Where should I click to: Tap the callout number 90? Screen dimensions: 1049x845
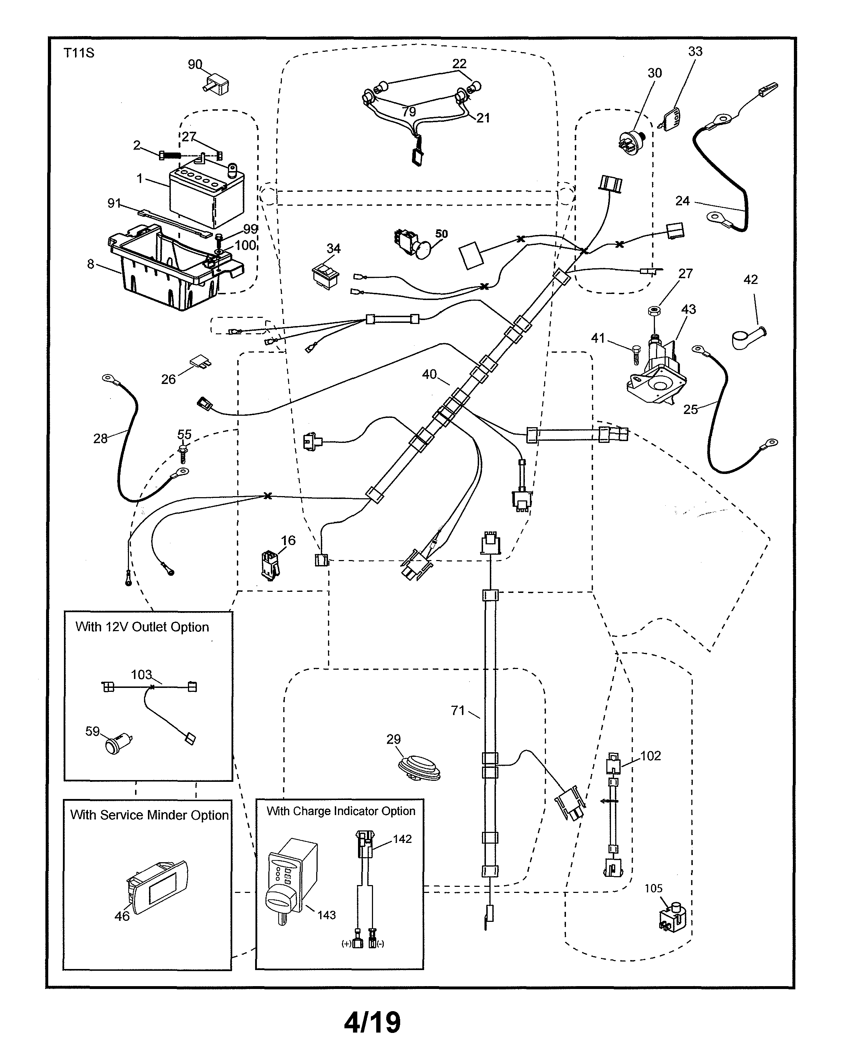tap(195, 64)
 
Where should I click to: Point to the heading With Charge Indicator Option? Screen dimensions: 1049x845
tap(341, 811)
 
